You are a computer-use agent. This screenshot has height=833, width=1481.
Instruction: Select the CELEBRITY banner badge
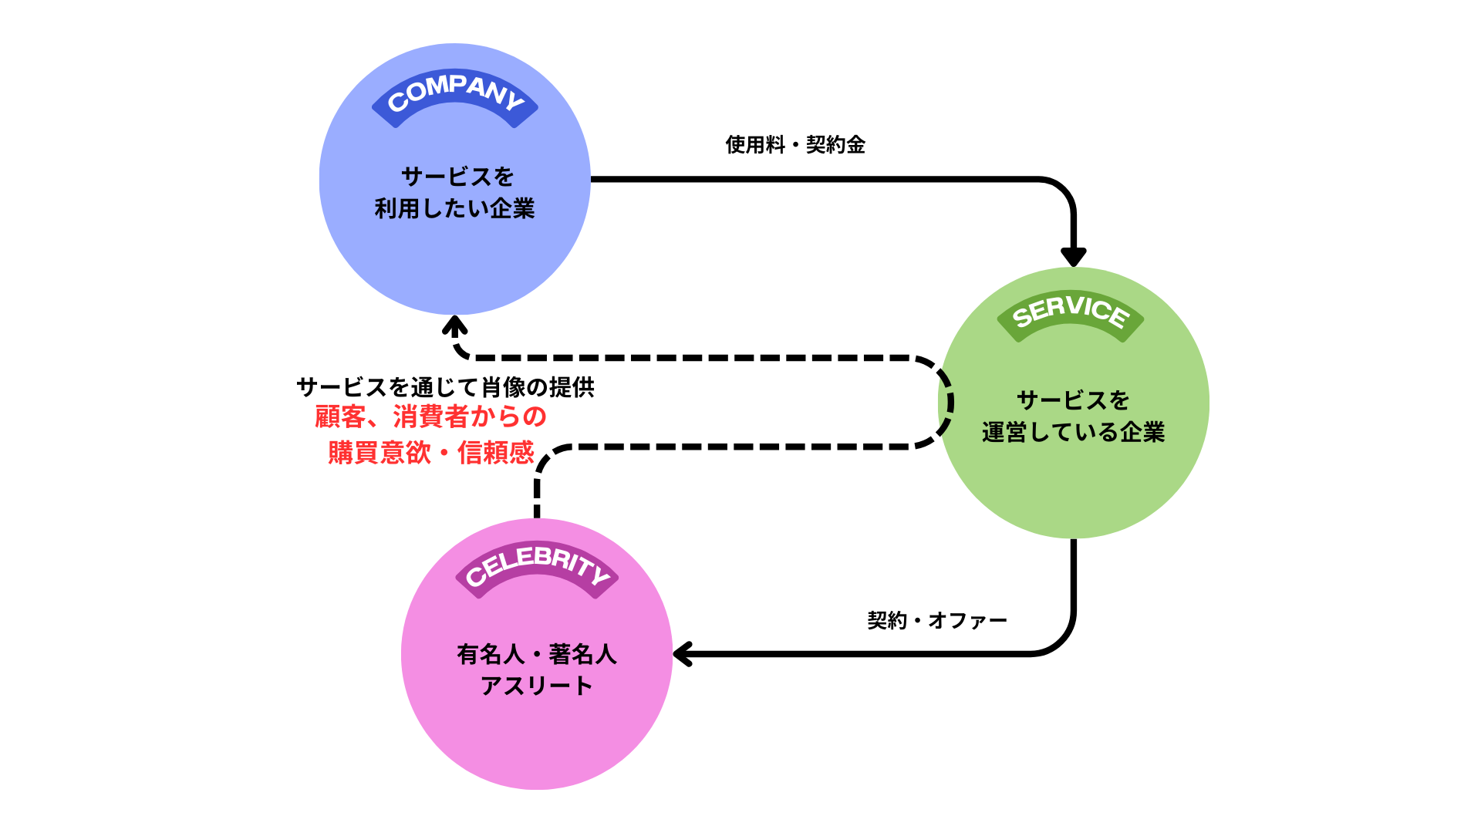[x=537, y=567]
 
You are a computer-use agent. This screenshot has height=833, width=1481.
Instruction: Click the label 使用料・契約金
[x=795, y=144]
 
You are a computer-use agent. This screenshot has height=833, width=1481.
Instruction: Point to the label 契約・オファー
[x=937, y=620]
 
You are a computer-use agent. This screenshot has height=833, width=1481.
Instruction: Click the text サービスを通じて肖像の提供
[x=445, y=387]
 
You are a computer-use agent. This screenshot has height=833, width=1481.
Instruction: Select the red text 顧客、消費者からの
[x=430, y=417]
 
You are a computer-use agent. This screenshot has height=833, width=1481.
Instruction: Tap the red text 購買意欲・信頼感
[x=430, y=453]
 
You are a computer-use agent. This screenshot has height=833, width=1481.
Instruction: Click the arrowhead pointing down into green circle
[x=1073, y=256]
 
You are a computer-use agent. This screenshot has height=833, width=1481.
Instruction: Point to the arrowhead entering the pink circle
[x=683, y=654]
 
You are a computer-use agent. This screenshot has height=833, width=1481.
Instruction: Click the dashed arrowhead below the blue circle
[x=455, y=326]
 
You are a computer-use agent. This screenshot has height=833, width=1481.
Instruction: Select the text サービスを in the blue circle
[x=457, y=177]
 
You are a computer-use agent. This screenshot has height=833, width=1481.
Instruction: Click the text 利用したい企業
[x=454, y=208]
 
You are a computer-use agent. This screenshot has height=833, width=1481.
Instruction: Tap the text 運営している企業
[x=1073, y=432]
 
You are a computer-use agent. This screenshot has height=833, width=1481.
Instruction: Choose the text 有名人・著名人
[x=537, y=654]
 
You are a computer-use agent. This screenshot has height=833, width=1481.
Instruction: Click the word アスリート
[x=537, y=686]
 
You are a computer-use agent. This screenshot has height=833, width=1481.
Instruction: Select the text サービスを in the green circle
[x=1073, y=400]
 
